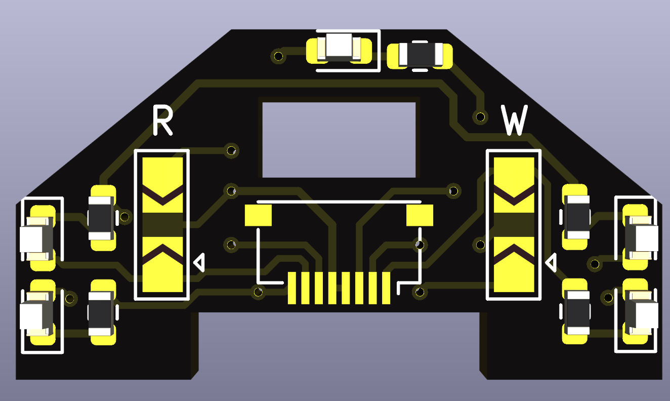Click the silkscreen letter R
click(163, 121)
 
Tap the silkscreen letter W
click(515, 121)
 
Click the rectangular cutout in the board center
click(339, 140)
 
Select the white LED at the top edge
click(339, 48)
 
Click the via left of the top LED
click(278, 56)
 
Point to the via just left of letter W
click(480, 117)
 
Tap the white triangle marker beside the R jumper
click(199, 262)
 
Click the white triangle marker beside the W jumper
click(551, 262)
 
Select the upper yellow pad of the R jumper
click(162, 185)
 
